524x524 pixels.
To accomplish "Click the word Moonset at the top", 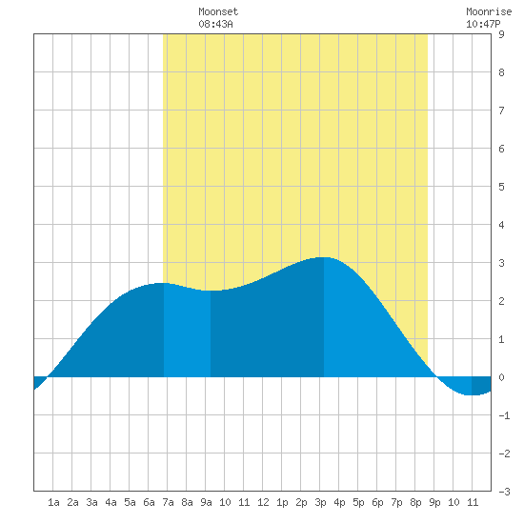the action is [218, 11].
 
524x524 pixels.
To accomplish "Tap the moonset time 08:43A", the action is [215, 24].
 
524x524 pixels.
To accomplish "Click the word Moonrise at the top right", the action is [489, 11].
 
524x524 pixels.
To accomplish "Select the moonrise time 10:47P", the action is [483, 24].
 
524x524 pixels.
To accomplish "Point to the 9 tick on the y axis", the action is [501, 34].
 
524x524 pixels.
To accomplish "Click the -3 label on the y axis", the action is [504, 492].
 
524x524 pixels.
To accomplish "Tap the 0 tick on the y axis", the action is [501, 377].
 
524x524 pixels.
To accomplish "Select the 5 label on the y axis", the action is [501, 187].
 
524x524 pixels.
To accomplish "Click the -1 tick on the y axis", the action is [504, 415].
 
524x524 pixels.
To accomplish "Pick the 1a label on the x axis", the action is [53, 502].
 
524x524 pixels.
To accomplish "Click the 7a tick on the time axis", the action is [168, 502].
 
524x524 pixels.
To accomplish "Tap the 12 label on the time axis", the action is [263, 502].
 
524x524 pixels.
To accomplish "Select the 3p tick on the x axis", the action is [320, 502].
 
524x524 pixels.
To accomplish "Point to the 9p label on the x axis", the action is [434, 502].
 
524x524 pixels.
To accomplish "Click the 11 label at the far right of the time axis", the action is [473, 502].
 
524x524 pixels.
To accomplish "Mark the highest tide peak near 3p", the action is [324, 257].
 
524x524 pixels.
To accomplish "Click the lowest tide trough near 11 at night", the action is [472, 395].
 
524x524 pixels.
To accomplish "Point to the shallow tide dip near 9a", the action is [211, 291].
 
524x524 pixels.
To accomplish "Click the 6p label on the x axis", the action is [377, 502].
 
